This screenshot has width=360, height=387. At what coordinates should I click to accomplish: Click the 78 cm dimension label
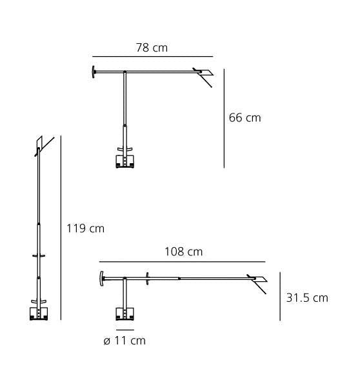pyautogui.click(x=152, y=48)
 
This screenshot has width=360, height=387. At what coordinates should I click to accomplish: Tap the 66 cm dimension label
pyautogui.click(x=245, y=118)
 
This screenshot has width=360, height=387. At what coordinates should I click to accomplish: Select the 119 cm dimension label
pyautogui.click(x=85, y=228)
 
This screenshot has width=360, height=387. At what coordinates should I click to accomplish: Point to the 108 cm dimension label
pyautogui.click(x=183, y=252)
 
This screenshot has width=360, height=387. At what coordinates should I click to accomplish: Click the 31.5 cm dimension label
pyautogui.click(x=307, y=298)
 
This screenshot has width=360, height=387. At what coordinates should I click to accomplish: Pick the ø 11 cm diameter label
pyautogui.click(x=125, y=341)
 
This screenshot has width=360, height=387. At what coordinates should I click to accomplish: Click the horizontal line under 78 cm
pyautogui.click(x=153, y=57)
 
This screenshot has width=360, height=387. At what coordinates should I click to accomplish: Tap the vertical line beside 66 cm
pyautogui.click(x=224, y=118)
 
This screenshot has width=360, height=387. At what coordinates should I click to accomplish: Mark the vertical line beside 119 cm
pyautogui.click(x=61, y=228)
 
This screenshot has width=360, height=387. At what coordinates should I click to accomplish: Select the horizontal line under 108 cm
pyautogui.click(x=182, y=262)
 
